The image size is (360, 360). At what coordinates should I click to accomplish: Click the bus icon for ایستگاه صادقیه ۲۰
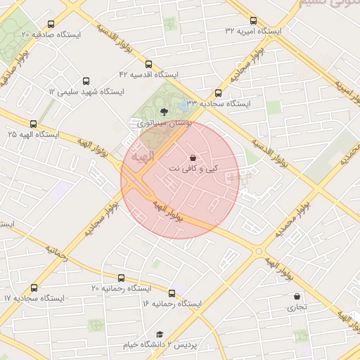pyautogui.click(x=51, y=25)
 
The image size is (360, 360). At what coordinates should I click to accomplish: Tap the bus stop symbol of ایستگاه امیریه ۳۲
pyautogui.click(x=253, y=20)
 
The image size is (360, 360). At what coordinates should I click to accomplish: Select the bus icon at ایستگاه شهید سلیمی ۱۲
pyautogui.click(x=86, y=82)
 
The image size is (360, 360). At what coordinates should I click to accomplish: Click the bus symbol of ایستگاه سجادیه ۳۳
pyautogui.click(x=218, y=93)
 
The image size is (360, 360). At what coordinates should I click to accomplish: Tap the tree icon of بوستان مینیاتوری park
pyautogui.click(x=164, y=111)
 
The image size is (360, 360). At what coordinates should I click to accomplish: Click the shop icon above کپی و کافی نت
pyautogui.click(x=193, y=157)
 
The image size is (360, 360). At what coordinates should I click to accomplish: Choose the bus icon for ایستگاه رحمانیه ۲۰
pyautogui.click(x=121, y=278)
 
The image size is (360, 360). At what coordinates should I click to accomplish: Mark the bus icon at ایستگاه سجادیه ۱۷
pyautogui.click(x=34, y=288)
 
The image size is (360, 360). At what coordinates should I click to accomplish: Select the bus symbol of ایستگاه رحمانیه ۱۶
pyautogui.click(x=172, y=293)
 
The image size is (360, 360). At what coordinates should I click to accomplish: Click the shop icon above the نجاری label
pyautogui.click(x=297, y=296)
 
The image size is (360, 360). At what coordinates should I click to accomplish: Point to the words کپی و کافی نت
pyautogui.click(x=193, y=169)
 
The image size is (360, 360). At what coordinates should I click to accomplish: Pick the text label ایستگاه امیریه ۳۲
pyautogui.click(x=253, y=32)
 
